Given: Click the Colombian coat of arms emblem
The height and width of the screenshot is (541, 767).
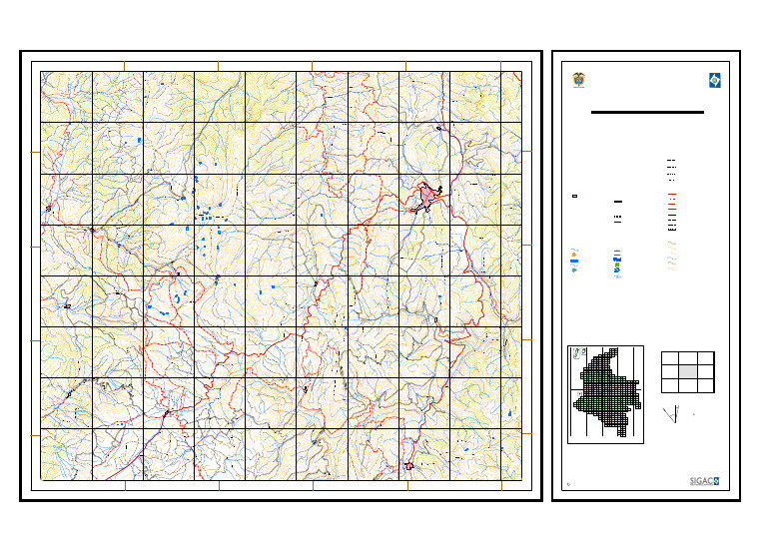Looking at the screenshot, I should pyautogui.click(x=577, y=80).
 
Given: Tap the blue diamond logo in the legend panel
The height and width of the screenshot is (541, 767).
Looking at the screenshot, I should pyautogui.click(x=714, y=80).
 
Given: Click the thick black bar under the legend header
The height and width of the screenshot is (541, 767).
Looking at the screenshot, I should pyautogui.click(x=647, y=113).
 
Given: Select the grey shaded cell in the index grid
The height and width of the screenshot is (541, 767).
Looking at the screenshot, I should pyautogui.click(x=687, y=370).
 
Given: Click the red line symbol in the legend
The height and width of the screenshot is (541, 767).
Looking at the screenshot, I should pyautogui.click(x=672, y=195).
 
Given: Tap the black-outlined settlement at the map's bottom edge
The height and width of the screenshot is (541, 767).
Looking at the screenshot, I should pyautogui.click(x=407, y=466).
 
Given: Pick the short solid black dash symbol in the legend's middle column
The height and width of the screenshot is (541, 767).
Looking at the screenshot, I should pyautogui.click(x=618, y=202).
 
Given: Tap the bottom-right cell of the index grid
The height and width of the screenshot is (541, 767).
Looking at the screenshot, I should pyautogui.click(x=705, y=383).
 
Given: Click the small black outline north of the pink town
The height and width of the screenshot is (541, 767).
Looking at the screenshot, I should pyautogui.click(x=438, y=128).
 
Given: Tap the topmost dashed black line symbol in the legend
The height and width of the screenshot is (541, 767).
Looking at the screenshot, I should pyautogui.click(x=672, y=160).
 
